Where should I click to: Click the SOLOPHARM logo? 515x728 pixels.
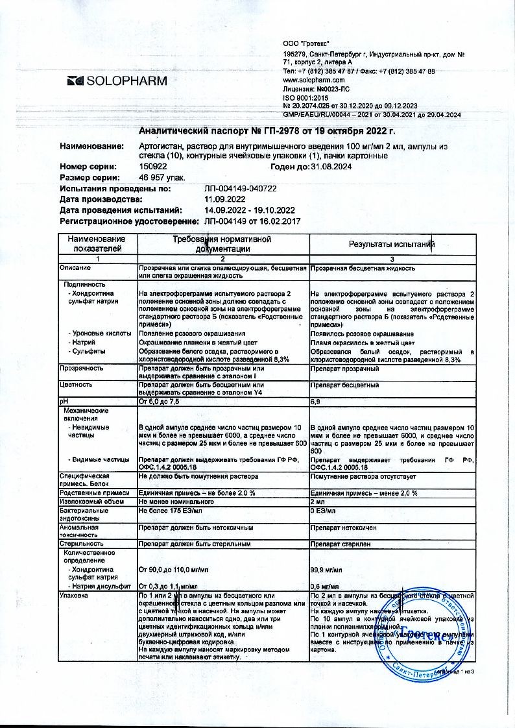tap(117, 81)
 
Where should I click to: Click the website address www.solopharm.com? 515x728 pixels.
tap(314, 80)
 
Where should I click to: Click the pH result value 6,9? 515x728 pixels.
tap(316, 402)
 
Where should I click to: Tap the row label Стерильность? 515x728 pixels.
tap(81, 544)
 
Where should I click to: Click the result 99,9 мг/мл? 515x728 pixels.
tap(326, 570)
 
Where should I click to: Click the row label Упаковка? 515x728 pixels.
tap(73, 595)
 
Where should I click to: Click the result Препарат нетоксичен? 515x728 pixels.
tap(343, 528)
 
